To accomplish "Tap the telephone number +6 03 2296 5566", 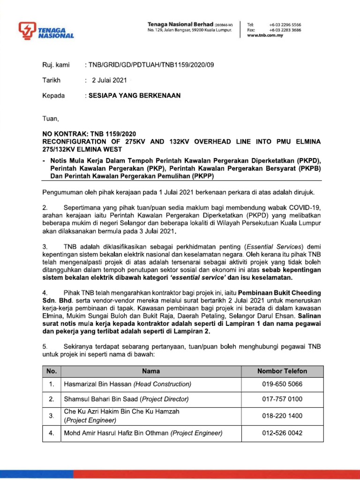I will [x=285, y=24].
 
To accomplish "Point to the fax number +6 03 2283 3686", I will [x=285, y=30].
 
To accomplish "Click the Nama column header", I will [x=151, y=371].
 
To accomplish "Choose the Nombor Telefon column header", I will [x=282, y=371].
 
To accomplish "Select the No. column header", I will [x=52, y=371].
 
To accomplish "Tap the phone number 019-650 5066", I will [x=282, y=384].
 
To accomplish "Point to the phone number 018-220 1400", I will [x=282, y=416].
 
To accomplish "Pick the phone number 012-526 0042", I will [x=282, y=433].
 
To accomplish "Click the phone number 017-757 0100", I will [x=282, y=399].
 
